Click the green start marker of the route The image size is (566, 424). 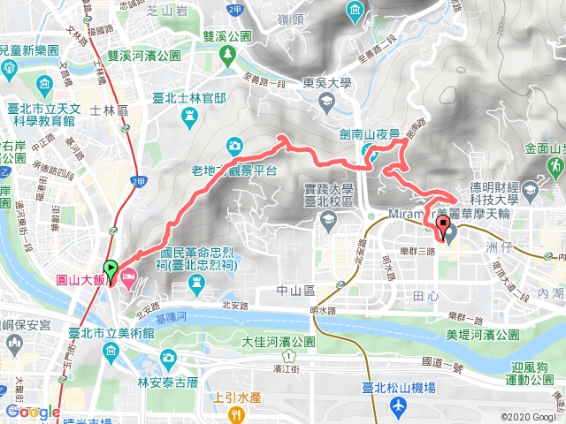111,269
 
